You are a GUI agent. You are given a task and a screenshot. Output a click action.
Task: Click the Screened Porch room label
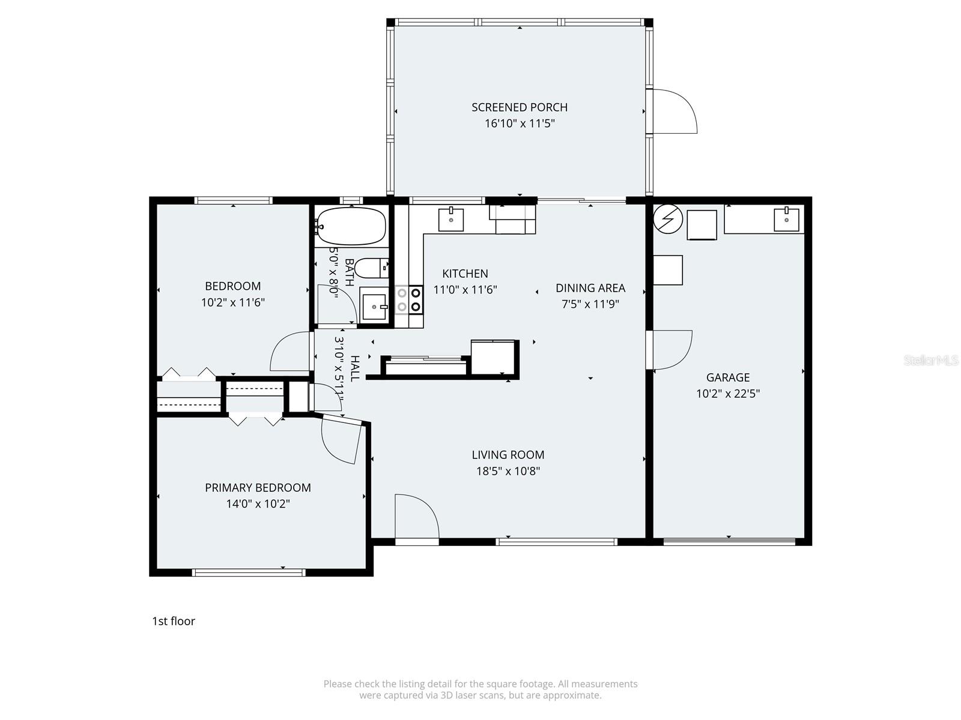[519, 107]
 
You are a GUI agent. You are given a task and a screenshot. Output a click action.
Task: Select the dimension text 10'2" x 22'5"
[728, 394]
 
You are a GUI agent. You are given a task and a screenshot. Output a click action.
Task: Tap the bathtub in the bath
[351, 226]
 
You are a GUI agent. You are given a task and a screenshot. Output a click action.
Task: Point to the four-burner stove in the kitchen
[409, 299]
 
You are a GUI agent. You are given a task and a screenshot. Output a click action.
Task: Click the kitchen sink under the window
[450, 219]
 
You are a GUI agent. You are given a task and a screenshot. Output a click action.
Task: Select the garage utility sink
[786, 219]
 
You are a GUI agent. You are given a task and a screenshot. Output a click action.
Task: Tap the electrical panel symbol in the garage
[668, 219]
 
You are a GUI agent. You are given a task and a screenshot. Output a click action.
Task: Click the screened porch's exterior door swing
[674, 112]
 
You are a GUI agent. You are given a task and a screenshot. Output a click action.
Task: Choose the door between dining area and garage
[670, 350]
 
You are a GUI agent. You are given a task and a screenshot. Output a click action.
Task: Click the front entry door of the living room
[416, 517]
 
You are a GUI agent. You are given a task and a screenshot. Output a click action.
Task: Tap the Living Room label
[508, 455]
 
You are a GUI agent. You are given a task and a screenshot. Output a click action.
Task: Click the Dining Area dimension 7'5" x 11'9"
[590, 304]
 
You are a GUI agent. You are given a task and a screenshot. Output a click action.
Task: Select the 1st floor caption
[174, 621]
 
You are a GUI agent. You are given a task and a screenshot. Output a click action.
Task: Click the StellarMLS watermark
[932, 360]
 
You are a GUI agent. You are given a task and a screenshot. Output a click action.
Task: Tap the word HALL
[355, 368]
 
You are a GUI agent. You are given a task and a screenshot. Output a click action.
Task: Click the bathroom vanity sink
[375, 307]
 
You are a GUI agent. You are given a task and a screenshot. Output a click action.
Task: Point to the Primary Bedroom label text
[258, 488]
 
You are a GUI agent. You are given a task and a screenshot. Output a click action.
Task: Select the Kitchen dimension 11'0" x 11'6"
[465, 290]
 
